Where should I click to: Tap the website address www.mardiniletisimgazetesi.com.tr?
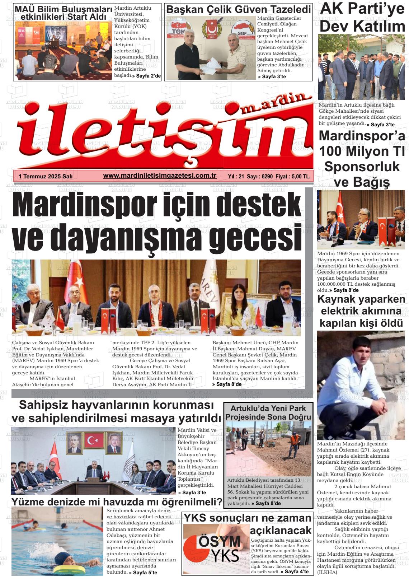[x=160, y=176]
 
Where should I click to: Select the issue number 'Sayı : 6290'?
[x=260, y=176]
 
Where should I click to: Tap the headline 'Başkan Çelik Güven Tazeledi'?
[x=239, y=9]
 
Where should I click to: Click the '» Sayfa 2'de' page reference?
[x=146, y=76]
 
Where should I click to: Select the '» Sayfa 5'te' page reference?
[x=143, y=573]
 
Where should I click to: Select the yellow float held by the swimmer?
[x=71, y=569]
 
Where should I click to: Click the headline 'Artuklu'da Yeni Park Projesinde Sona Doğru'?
[x=268, y=412]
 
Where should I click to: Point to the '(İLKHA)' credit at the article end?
[x=327, y=572]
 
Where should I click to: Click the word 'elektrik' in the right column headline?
[x=341, y=311]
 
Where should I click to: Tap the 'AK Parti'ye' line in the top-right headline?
[x=362, y=9]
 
